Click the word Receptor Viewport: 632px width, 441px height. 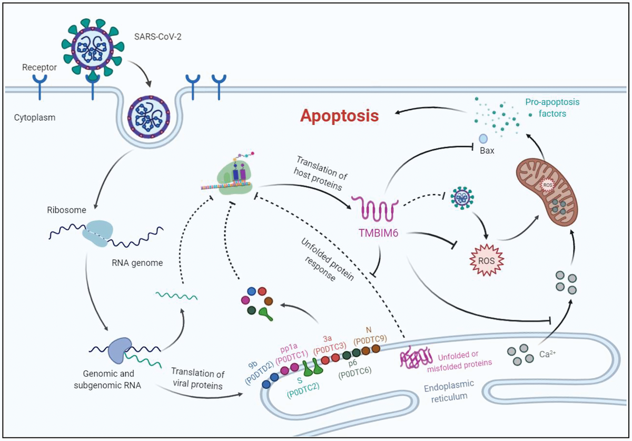pos(40,67)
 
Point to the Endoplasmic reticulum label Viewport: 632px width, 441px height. pos(446,391)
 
